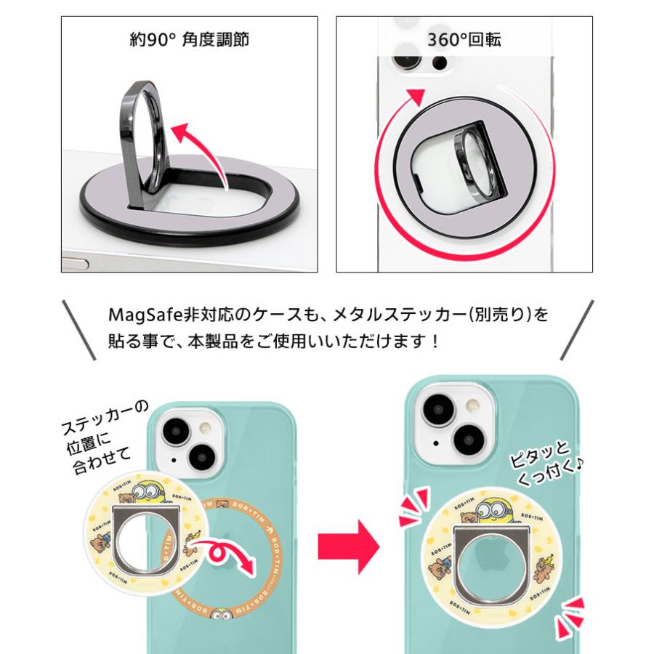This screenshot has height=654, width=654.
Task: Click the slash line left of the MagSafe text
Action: [79, 329]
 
